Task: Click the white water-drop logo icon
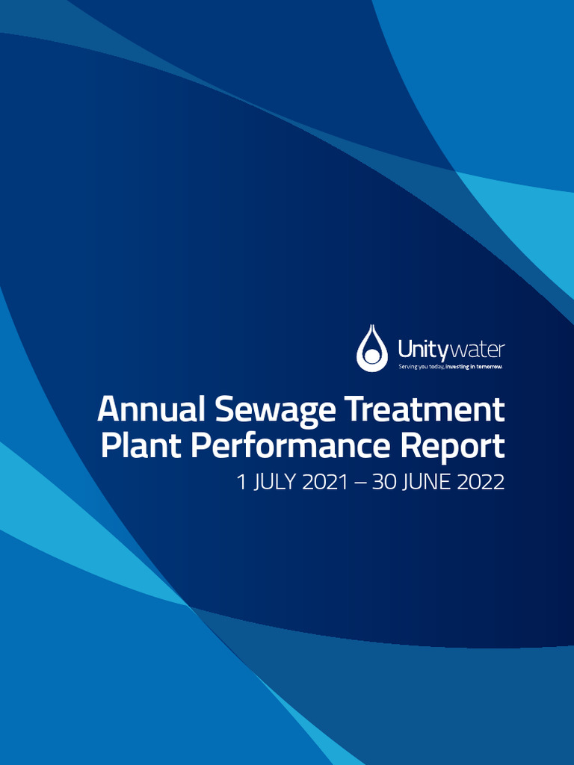click(371, 348)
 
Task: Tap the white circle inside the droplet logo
click(371, 356)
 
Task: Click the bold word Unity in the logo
click(422, 349)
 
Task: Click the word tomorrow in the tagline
click(487, 367)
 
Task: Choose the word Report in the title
click(451, 448)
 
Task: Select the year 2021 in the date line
click(325, 483)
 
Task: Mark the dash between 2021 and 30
click(360, 483)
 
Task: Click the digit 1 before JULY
click(241, 483)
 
